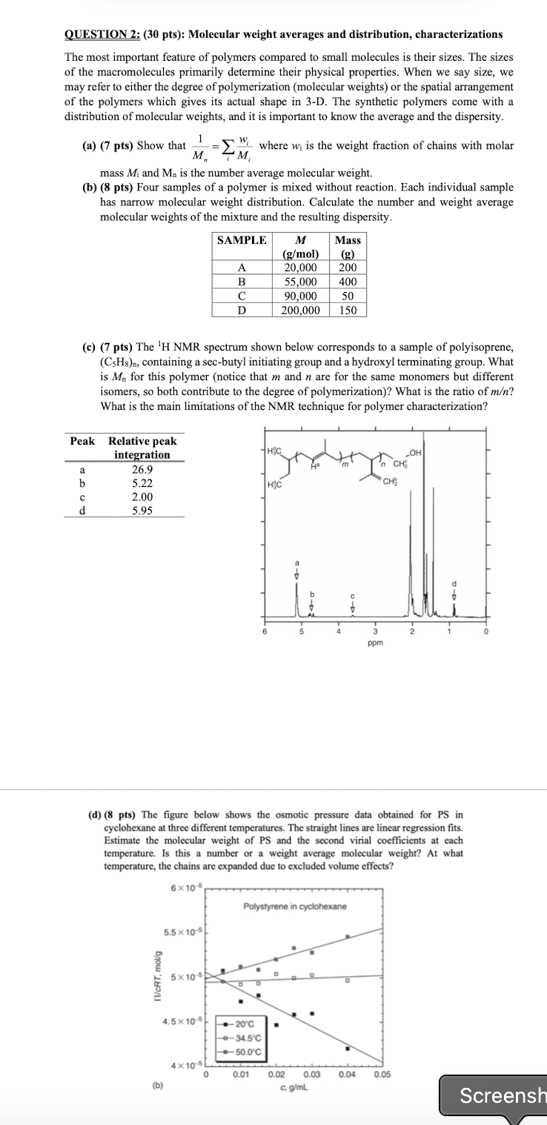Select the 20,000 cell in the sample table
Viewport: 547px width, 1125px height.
[x=301, y=268]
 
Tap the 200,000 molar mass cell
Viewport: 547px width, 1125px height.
[x=300, y=310]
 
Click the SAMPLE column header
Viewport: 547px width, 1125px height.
[x=241, y=240]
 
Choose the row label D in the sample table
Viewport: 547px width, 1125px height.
[x=241, y=310]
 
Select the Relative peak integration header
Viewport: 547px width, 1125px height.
[x=142, y=448]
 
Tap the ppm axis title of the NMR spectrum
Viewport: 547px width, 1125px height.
[x=375, y=643]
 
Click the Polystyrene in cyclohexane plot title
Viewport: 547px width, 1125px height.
[x=294, y=906]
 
